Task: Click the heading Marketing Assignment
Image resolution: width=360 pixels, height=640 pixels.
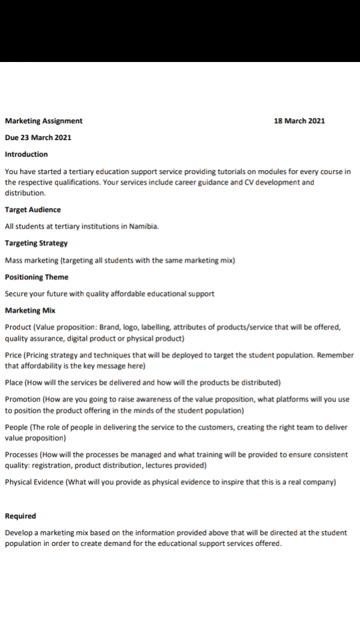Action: click(44, 121)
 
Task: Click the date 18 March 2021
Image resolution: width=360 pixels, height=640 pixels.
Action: click(299, 121)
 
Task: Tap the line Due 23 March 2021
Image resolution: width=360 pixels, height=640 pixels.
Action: click(38, 137)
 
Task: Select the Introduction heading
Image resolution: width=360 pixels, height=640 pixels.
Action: click(26, 154)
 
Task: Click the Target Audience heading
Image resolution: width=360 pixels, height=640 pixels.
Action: click(33, 209)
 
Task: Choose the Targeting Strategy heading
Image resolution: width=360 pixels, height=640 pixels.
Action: click(36, 243)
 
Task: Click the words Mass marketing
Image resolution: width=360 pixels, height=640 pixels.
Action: click(31, 260)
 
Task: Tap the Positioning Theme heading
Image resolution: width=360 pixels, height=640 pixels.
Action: click(37, 277)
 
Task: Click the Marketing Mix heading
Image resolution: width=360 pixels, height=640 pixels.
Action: click(30, 310)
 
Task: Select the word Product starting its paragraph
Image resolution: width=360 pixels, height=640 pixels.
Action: click(17, 327)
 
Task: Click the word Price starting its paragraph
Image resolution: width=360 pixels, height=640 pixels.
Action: click(13, 355)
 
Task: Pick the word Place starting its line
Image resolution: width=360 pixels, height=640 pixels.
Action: click(13, 382)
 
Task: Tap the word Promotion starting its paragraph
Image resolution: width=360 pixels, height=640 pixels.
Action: click(23, 399)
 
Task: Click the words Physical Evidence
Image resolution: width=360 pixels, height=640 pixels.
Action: click(34, 482)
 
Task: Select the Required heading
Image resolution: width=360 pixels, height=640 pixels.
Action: click(21, 516)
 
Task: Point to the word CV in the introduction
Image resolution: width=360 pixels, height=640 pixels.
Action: click(255, 182)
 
